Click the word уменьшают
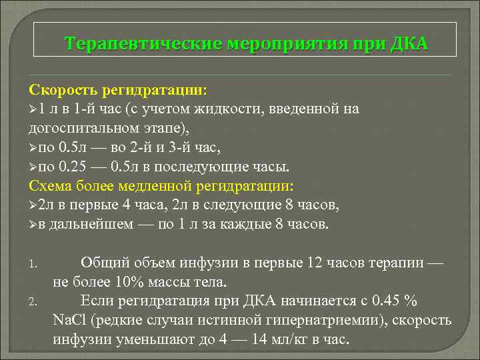[x=145, y=339]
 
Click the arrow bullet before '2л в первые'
[x=33, y=205]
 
